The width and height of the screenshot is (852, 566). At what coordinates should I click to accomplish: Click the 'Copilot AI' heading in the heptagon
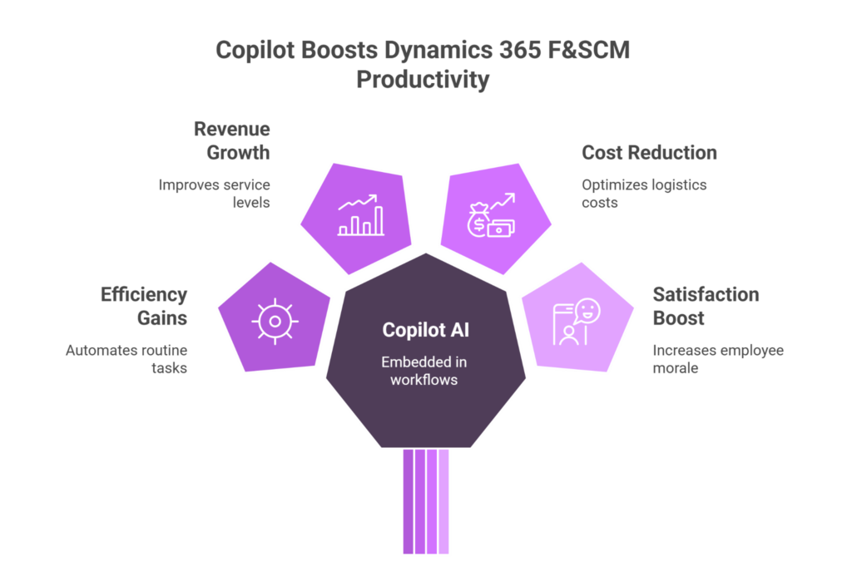[426, 330]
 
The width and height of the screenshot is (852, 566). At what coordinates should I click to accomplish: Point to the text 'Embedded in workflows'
[426, 371]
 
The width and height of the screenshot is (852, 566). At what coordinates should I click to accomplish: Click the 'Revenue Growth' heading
[232, 140]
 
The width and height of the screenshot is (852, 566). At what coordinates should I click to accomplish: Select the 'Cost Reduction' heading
[648, 153]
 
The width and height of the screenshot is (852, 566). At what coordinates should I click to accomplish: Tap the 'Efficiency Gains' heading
[144, 306]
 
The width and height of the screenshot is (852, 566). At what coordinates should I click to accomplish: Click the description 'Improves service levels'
[215, 193]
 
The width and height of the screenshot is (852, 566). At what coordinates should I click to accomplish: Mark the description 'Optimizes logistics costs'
[643, 193]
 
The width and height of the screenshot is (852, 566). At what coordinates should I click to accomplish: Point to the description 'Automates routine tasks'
[126, 359]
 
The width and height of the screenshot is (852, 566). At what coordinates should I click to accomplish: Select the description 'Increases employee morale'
[717, 359]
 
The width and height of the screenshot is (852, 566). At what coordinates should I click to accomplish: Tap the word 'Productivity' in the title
[424, 81]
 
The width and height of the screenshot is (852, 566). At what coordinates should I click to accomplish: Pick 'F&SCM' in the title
[590, 50]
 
